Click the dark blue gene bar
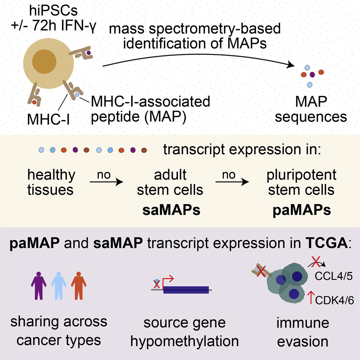(186, 290)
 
